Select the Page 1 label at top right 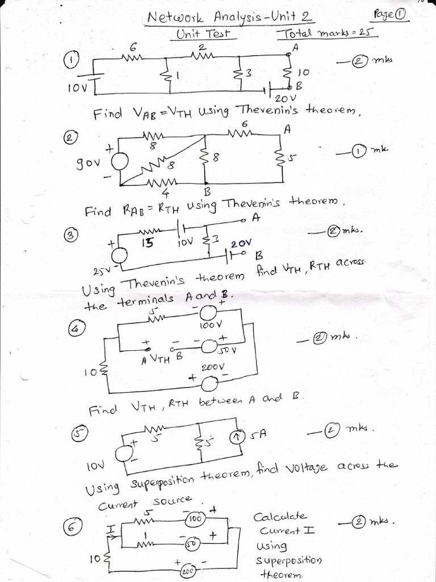click(391, 14)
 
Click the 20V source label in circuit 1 click(282, 99)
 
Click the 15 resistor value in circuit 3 click(147, 243)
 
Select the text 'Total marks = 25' click(328, 34)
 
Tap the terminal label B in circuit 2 click(207, 192)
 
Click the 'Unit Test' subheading click(203, 34)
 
